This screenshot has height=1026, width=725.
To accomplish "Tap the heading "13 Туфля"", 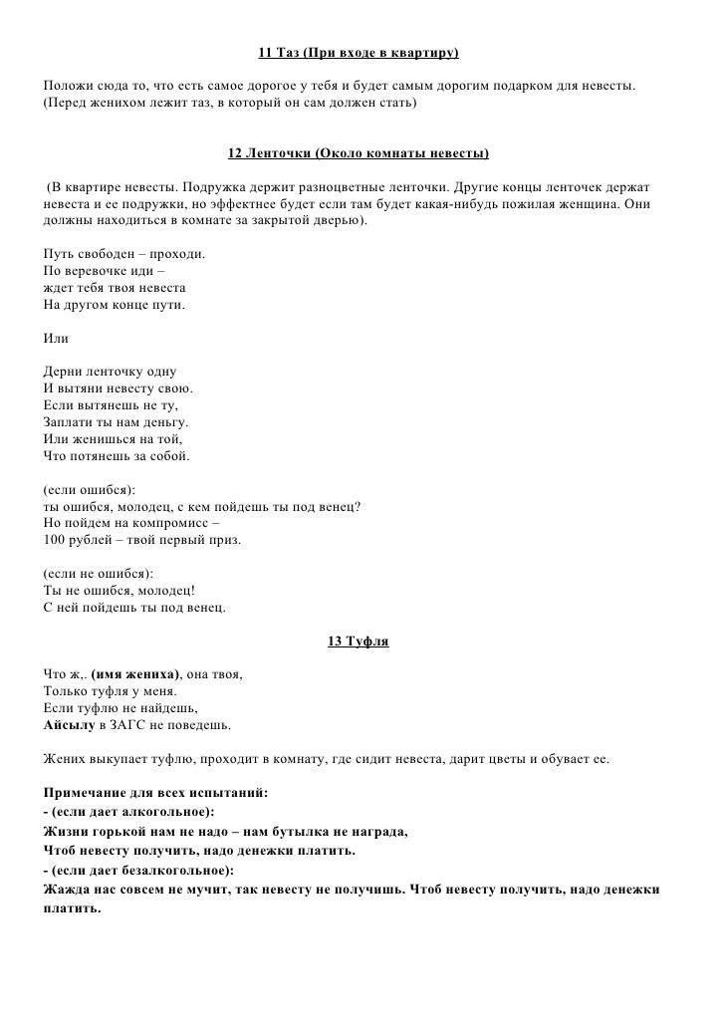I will [359, 641].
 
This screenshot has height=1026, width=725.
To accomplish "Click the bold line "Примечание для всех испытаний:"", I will [156, 793].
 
